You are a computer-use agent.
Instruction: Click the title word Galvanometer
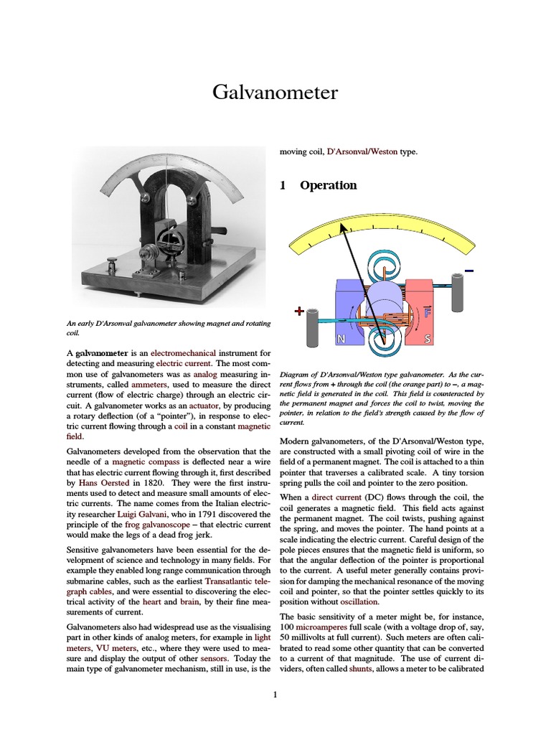click(x=275, y=93)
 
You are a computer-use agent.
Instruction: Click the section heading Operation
click(x=328, y=185)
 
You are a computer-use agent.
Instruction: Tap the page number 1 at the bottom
click(x=275, y=695)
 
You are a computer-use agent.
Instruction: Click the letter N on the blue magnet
click(x=343, y=338)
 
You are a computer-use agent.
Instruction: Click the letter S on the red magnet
click(x=428, y=338)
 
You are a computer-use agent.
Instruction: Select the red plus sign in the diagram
click(x=300, y=312)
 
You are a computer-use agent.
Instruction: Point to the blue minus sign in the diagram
click(x=469, y=271)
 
